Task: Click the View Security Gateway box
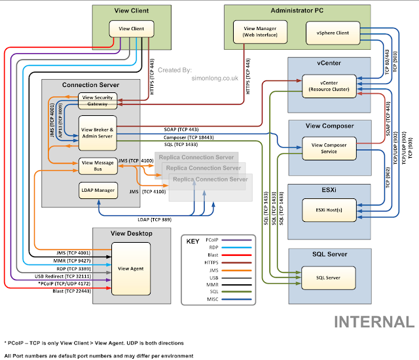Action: point(97,100)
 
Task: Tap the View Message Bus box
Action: point(97,165)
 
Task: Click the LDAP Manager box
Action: point(97,191)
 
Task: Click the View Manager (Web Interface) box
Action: point(255,31)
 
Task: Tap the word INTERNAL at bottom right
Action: point(374,322)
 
